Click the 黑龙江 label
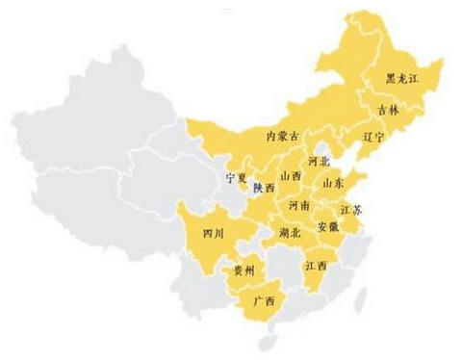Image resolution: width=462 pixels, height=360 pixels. (403, 78)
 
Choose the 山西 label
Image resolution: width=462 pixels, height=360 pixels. (291, 177)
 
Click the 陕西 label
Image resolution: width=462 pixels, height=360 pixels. (264, 190)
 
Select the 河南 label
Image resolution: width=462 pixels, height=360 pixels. (298, 206)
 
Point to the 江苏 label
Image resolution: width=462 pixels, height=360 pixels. (352, 209)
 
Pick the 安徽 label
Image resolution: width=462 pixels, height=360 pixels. (327, 227)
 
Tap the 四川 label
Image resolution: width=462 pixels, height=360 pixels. (213, 233)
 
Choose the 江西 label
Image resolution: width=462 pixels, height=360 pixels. (315, 265)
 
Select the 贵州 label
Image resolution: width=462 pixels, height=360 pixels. (244, 271)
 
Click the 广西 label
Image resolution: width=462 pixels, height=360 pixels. (262, 301)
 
